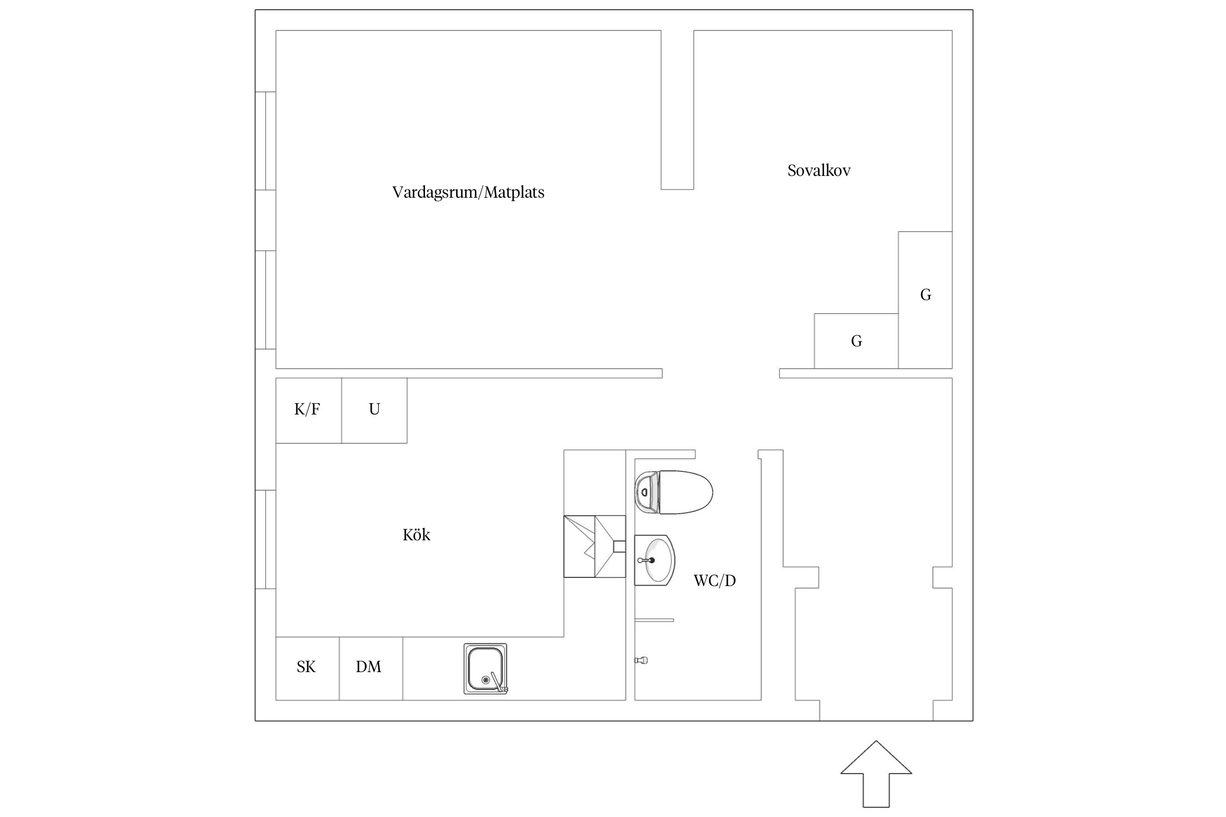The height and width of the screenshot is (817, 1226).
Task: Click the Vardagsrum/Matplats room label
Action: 468,192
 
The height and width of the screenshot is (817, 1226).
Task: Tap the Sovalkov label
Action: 818,170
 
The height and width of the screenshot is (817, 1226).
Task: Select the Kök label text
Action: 416,535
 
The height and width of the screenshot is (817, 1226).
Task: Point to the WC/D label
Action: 714,581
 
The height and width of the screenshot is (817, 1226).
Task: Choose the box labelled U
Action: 374,410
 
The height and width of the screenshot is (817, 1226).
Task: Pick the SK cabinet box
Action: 307,668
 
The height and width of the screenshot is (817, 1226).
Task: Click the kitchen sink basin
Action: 484,668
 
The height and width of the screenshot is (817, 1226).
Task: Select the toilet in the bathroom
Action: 674,492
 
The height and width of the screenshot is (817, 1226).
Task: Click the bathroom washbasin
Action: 655,560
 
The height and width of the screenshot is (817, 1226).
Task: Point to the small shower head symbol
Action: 641,660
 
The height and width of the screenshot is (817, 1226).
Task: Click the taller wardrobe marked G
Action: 925,300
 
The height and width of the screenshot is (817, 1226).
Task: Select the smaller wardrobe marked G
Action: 855,341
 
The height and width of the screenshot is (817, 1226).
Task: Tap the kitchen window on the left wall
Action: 265,539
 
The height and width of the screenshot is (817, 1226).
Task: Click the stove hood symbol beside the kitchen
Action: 594,546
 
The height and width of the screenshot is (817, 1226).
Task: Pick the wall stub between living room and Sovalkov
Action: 677,109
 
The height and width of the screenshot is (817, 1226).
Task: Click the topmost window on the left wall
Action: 265,141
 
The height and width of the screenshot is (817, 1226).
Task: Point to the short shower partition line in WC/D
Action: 654,620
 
